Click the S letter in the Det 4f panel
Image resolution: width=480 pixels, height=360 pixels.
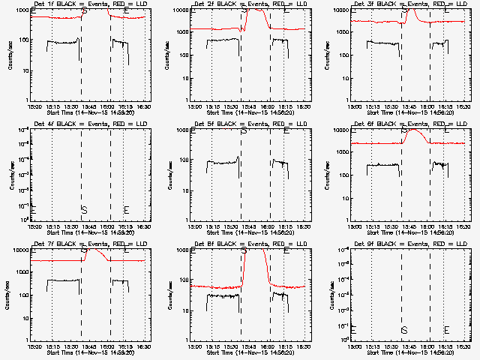coord(84,209)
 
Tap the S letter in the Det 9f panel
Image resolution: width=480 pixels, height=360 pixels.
coord(404,330)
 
